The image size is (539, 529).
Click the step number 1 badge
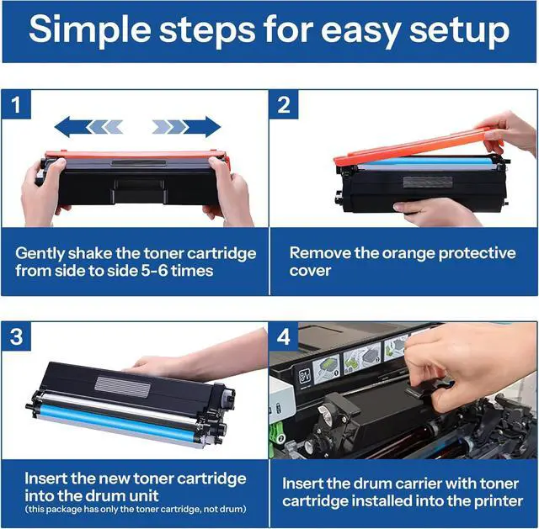coord(16,104)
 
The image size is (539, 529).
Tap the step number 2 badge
coord(284,104)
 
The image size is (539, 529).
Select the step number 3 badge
coord(16,336)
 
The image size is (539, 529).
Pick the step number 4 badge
coord(284,336)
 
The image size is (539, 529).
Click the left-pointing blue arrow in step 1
coord(88,127)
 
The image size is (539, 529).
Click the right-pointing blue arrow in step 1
coord(186,127)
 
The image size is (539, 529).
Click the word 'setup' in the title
coord(459,30)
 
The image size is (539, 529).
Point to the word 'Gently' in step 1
coord(40,254)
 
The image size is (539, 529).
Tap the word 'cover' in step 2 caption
coord(310,271)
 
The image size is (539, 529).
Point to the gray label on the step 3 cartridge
coord(122,387)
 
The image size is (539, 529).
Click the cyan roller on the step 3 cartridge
coord(117,425)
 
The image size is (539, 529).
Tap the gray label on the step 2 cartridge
coord(428,183)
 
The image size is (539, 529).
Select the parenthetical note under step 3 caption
coord(136,509)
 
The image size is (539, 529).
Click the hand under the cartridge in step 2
coord(434,213)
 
